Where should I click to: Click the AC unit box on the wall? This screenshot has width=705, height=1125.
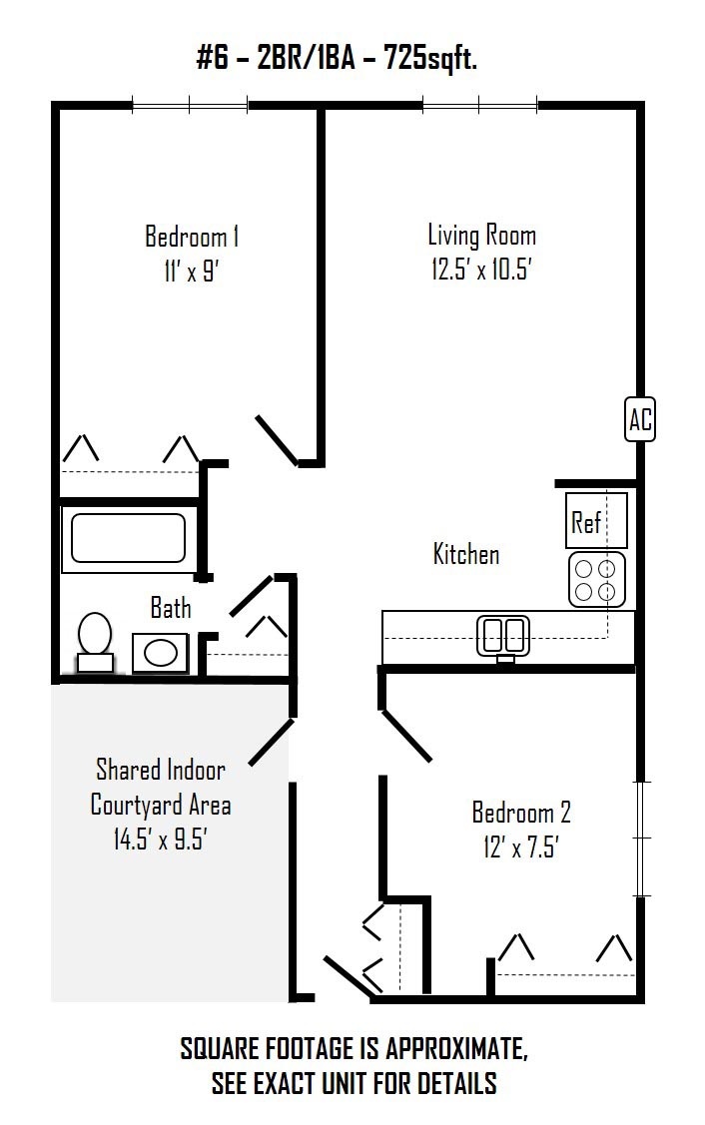pos(640,419)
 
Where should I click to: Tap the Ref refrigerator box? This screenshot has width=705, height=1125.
pos(596,520)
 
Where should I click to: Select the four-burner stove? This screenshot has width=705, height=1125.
pos(596,580)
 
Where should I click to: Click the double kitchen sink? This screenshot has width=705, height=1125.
pos(504,636)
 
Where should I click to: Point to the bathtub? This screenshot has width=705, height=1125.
pos(128,537)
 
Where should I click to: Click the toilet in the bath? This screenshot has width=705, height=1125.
pos(95,641)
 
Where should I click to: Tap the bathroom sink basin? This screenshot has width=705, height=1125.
pos(161,652)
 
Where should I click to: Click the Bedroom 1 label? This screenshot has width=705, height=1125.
pos(192,236)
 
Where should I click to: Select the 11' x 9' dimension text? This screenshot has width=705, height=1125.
pos(191,272)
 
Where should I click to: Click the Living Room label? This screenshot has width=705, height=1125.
pos(481,235)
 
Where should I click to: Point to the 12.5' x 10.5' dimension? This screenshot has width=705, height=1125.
pos(481,270)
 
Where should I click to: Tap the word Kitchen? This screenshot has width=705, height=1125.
pos(466,554)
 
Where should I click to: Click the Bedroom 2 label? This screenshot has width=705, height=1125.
pos(521,813)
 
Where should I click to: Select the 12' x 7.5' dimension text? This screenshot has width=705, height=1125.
pos(521,847)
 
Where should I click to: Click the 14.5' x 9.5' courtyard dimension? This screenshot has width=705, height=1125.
pos(160,839)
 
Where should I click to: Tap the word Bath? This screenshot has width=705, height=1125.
pos(171,608)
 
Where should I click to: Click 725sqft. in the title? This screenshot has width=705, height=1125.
pos(430,58)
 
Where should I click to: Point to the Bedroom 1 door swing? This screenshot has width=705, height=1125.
pos(278,440)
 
